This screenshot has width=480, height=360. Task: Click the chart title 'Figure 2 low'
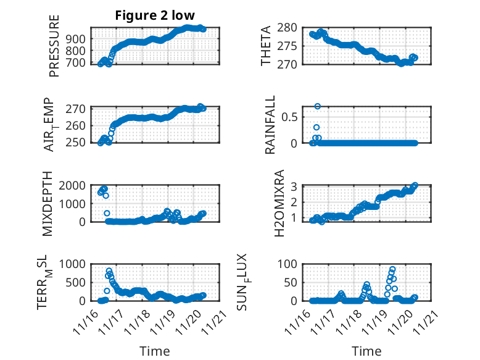tap(155, 15)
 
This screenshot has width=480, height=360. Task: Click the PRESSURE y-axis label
tap(54, 50)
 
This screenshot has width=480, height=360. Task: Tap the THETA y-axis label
tap(266, 46)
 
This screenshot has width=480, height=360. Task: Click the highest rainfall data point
tap(317, 106)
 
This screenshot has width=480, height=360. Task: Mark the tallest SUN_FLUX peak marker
tap(392, 270)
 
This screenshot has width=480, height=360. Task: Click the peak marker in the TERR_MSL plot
tap(109, 271)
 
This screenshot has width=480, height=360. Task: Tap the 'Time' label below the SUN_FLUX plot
tap(366, 351)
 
